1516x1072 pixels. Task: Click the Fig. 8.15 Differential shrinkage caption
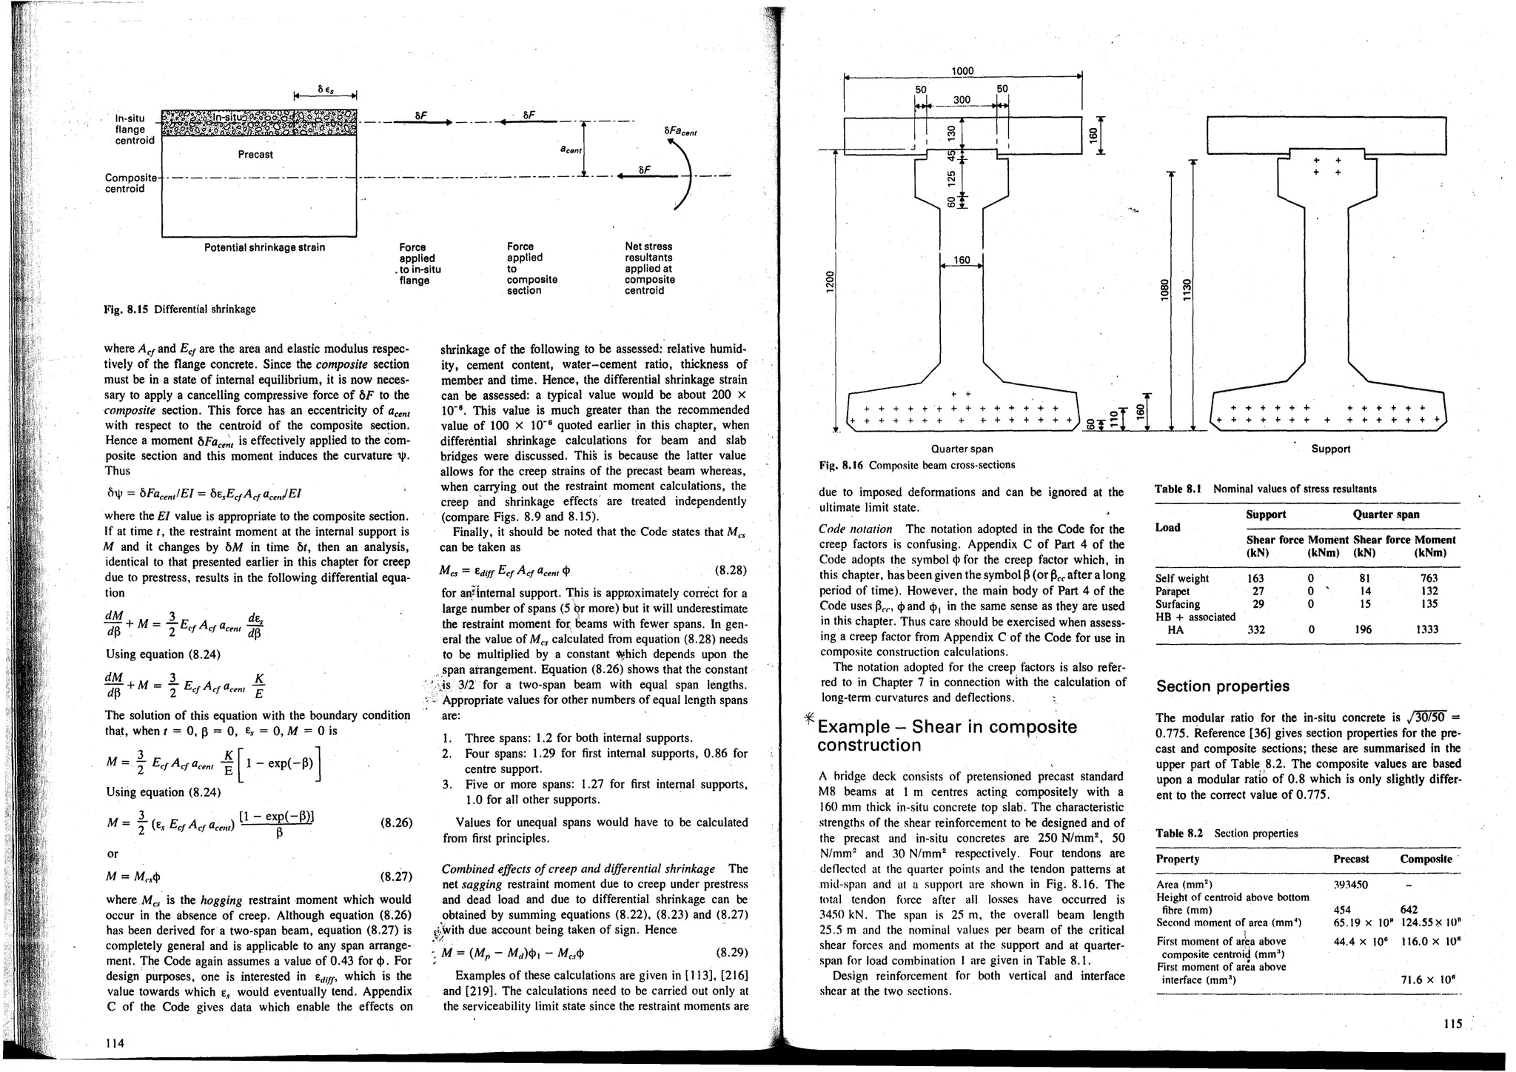180,309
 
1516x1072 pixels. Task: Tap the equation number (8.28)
731,571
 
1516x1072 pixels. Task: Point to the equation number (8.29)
732,952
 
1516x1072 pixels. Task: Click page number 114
115,1043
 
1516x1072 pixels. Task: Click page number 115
1452,1024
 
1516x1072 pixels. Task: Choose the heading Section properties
1222,686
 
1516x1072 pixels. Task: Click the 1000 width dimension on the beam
962,71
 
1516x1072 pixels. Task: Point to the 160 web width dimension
962,260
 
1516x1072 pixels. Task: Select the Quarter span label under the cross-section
962,449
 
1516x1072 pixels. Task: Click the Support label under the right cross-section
1330,449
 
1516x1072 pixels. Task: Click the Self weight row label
1182,578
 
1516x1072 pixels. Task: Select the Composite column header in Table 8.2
1426,859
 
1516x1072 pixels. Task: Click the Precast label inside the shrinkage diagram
255,155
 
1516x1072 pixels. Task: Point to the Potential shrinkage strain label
264,247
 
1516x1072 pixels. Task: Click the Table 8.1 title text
1266,489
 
